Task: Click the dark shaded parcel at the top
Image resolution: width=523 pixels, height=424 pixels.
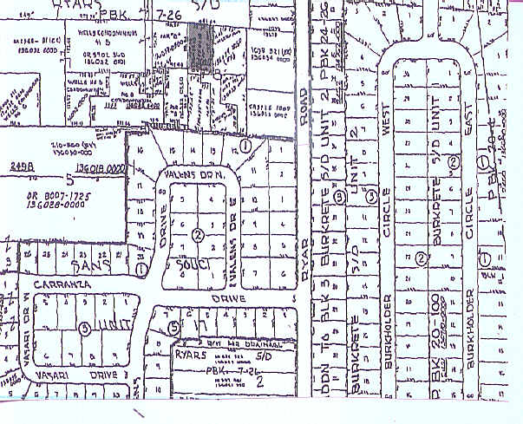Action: click(200, 47)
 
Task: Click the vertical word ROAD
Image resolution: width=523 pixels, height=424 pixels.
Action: click(303, 108)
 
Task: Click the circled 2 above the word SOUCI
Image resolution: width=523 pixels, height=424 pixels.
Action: click(198, 234)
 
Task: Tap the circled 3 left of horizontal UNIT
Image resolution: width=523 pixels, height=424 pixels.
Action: click(84, 328)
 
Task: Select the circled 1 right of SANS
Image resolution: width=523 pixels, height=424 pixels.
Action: click(141, 268)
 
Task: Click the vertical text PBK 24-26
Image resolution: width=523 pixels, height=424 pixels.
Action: click(323, 43)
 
